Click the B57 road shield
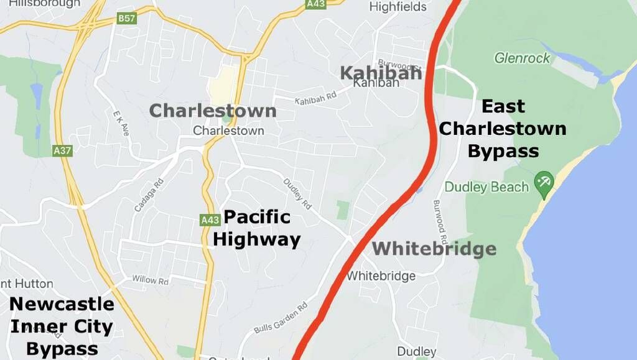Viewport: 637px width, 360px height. (126, 19)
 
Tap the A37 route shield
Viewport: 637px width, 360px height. (62, 150)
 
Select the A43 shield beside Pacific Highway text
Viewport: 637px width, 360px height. (210, 219)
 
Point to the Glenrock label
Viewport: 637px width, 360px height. (523, 58)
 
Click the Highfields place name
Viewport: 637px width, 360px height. (398, 7)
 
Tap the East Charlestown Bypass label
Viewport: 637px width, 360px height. (503, 129)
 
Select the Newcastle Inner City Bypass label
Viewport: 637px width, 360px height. (62, 326)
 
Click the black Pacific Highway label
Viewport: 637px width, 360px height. (257, 228)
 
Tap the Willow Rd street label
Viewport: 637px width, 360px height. (151, 280)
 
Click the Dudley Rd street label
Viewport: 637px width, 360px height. (297, 194)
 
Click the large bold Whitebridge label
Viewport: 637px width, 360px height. (434, 250)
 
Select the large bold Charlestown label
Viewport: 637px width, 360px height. (213, 111)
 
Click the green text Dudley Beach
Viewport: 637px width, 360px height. (486, 187)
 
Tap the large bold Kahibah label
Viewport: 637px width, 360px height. (381, 73)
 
